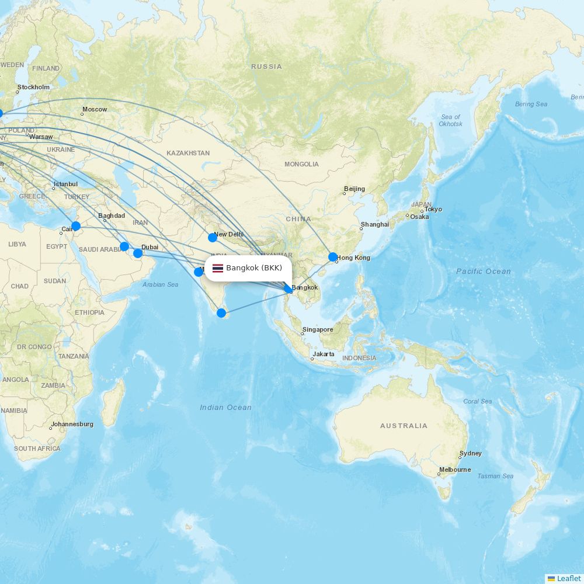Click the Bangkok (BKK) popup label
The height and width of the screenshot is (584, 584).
pyautogui.click(x=254, y=268)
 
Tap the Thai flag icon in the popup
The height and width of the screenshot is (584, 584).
pyautogui.click(x=218, y=269)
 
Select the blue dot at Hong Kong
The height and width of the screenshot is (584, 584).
pyautogui.click(x=333, y=257)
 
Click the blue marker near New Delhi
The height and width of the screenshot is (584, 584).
pyautogui.click(x=213, y=238)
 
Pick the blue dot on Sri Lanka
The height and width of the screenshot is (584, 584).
pyautogui.click(x=221, y=313)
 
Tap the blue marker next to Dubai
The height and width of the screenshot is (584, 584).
pyautogui.click(x=138, y=253)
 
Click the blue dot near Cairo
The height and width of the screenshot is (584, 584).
pyautogui.click(x=75, y=226)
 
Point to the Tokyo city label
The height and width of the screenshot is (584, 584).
pyautogui.click(x=433, y=209)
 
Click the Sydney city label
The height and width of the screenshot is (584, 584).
pyautogui.click(x=471, y=453)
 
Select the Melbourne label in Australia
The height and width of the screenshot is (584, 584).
pyautogui.click(x=455, y=470)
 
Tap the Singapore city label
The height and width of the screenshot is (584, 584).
pyautogui.click(x=318, y=329)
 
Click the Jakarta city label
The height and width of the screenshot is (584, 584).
pyautogui.click(x=324, y=354)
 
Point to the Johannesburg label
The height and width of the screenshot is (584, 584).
pyautogui.click(x=72, y=424)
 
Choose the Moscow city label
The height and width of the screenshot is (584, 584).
pyautogui.click(x=95, y=109)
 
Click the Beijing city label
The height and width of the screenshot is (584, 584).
pyautogui.click(x=354, y=189)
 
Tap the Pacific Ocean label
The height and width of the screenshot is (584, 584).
pyautogui.click(x=483, y=271)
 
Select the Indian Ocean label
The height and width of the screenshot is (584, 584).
pyautogui.click(x=225, y=407)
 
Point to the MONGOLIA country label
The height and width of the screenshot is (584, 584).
pyautogui.click(x=301, y=164)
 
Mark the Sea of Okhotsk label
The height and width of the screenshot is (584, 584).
pyautogui.click(x=451, y=120)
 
